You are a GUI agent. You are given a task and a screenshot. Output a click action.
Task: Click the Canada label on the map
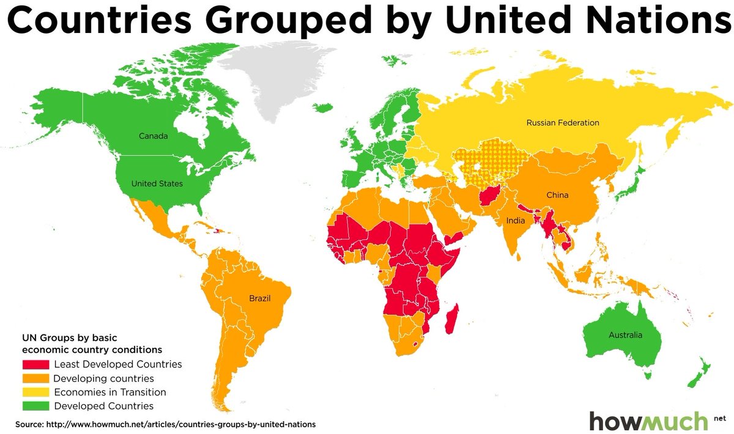(153, 136)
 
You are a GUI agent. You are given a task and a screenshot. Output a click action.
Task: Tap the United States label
(157, 183)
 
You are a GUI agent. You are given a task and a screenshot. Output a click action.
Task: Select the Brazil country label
(259, 299)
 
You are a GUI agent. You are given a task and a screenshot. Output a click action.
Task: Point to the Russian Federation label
(562, 123)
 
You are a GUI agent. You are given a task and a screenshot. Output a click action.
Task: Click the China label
(557, 196)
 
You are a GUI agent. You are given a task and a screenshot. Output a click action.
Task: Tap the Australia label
(625, 335)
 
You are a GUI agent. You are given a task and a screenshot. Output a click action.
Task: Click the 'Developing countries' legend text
(103, 378)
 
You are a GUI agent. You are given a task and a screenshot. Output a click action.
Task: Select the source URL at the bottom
(166, 424)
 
